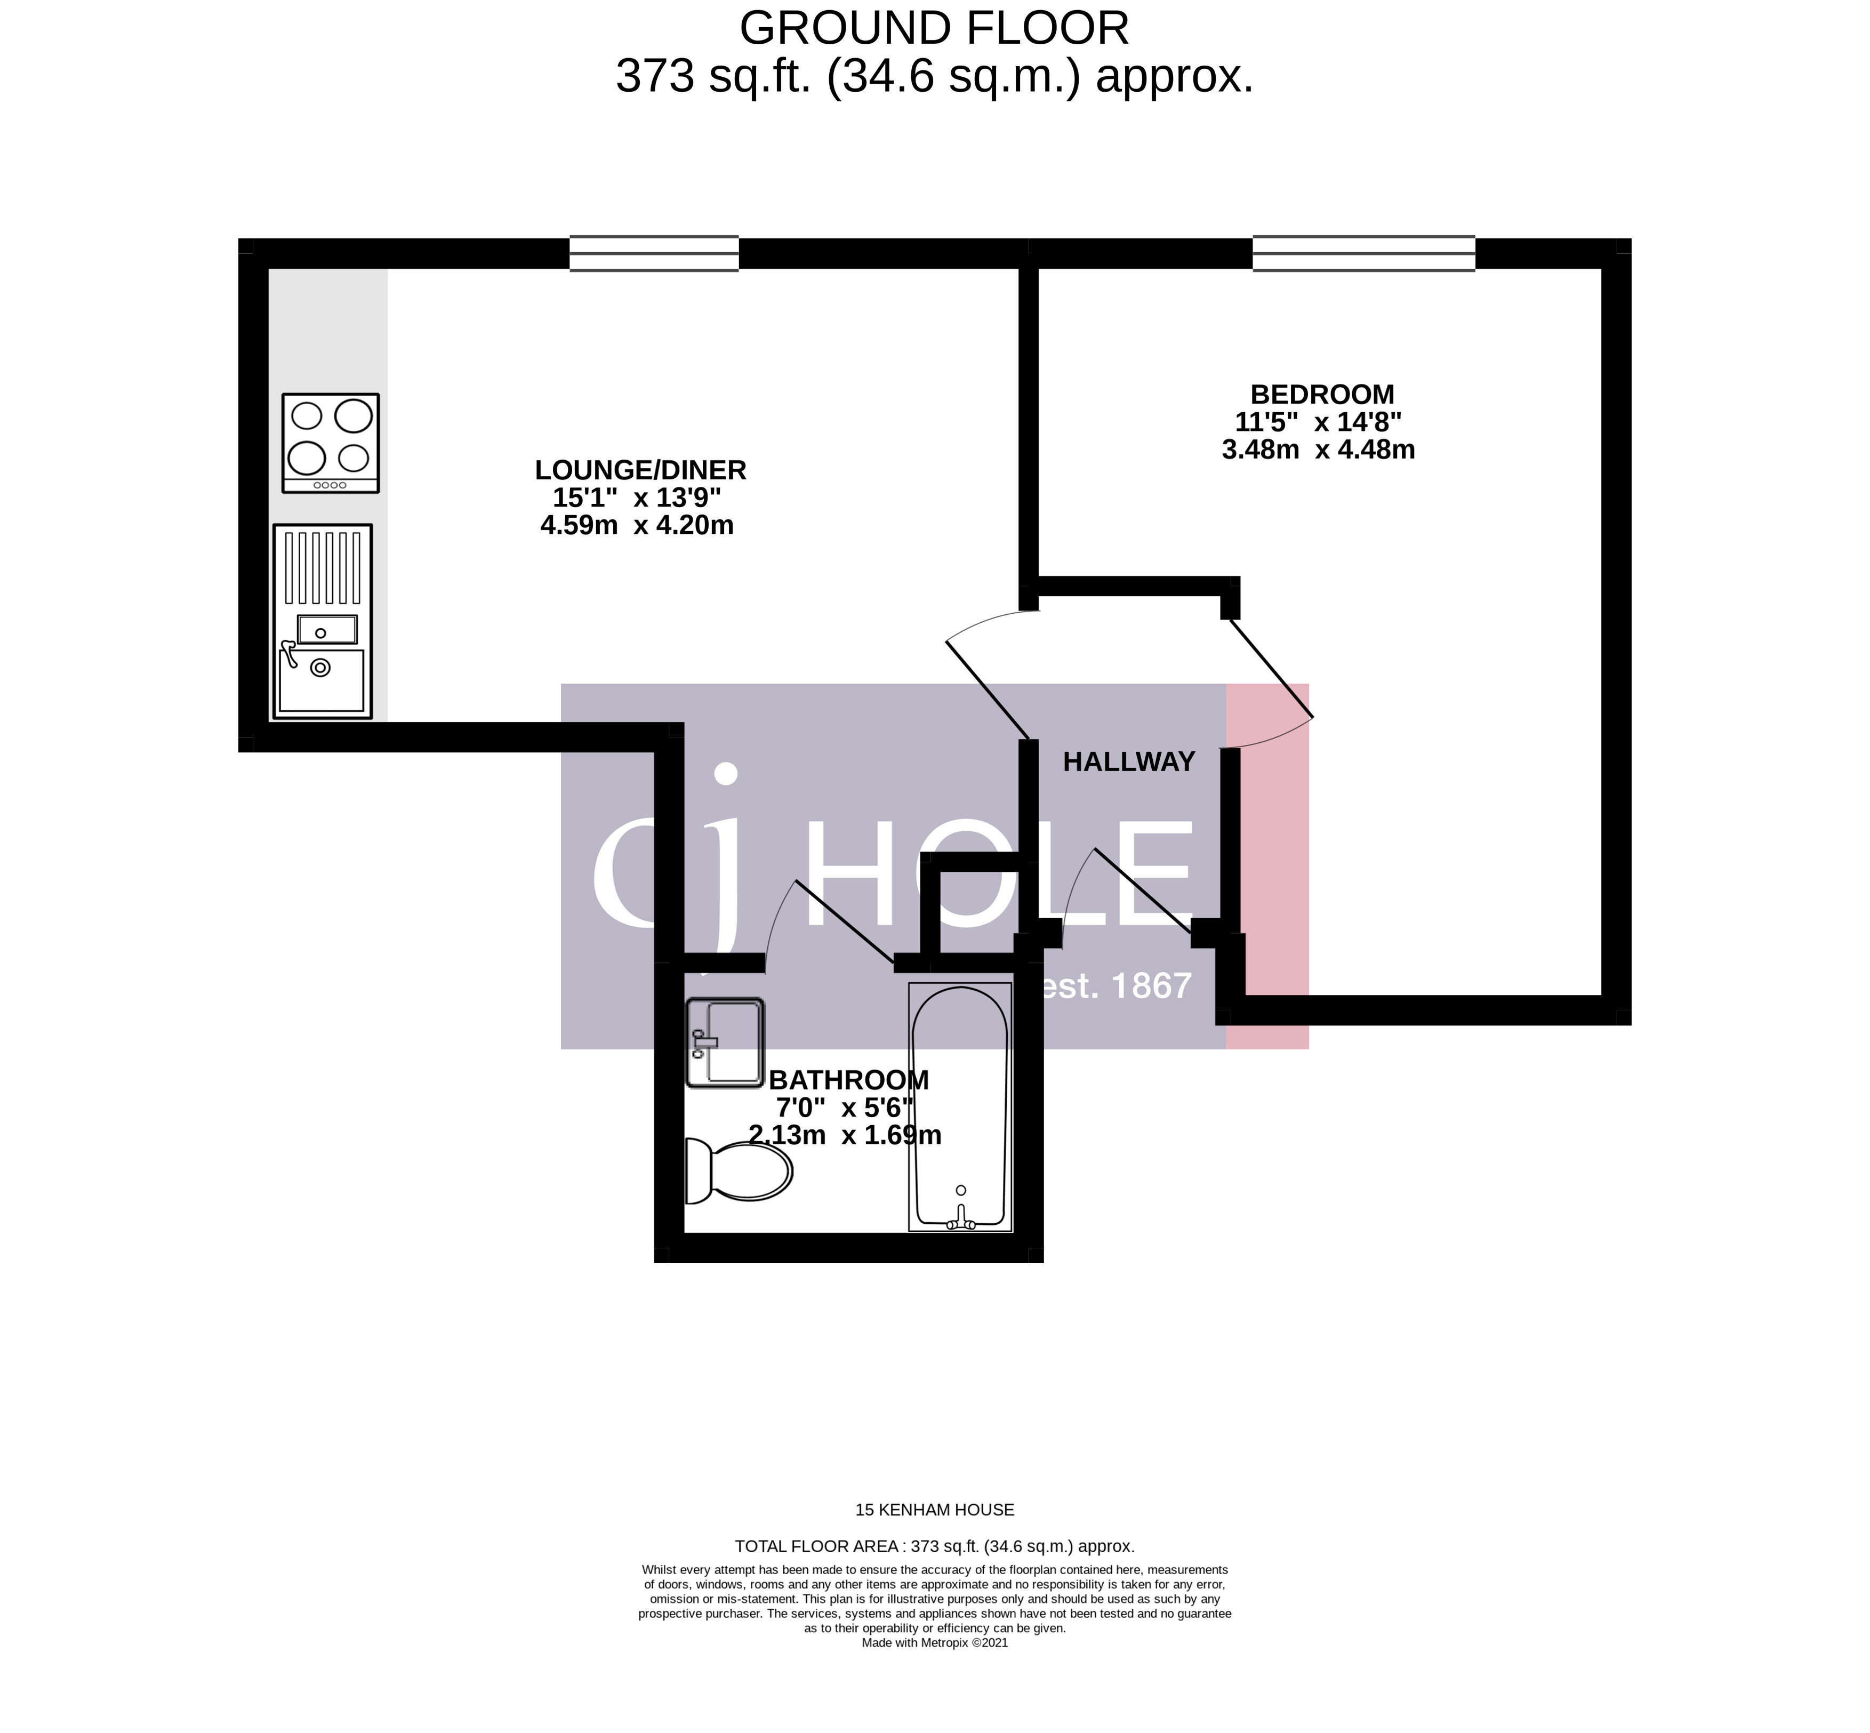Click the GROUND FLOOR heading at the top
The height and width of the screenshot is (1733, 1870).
point(934,28)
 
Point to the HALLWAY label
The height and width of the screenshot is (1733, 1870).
point(1128,761)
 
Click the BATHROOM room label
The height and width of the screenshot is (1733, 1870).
point(849,1080)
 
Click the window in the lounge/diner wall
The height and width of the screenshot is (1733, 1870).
point(654,253)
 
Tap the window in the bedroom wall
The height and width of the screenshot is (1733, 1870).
point(1363,253)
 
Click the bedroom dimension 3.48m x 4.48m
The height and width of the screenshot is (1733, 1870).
point(1318,450)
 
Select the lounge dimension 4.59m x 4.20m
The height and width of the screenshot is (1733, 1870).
point(637,525)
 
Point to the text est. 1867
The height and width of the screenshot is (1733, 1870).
point(1116,985)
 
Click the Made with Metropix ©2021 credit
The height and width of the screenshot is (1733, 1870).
point(934,1668)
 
